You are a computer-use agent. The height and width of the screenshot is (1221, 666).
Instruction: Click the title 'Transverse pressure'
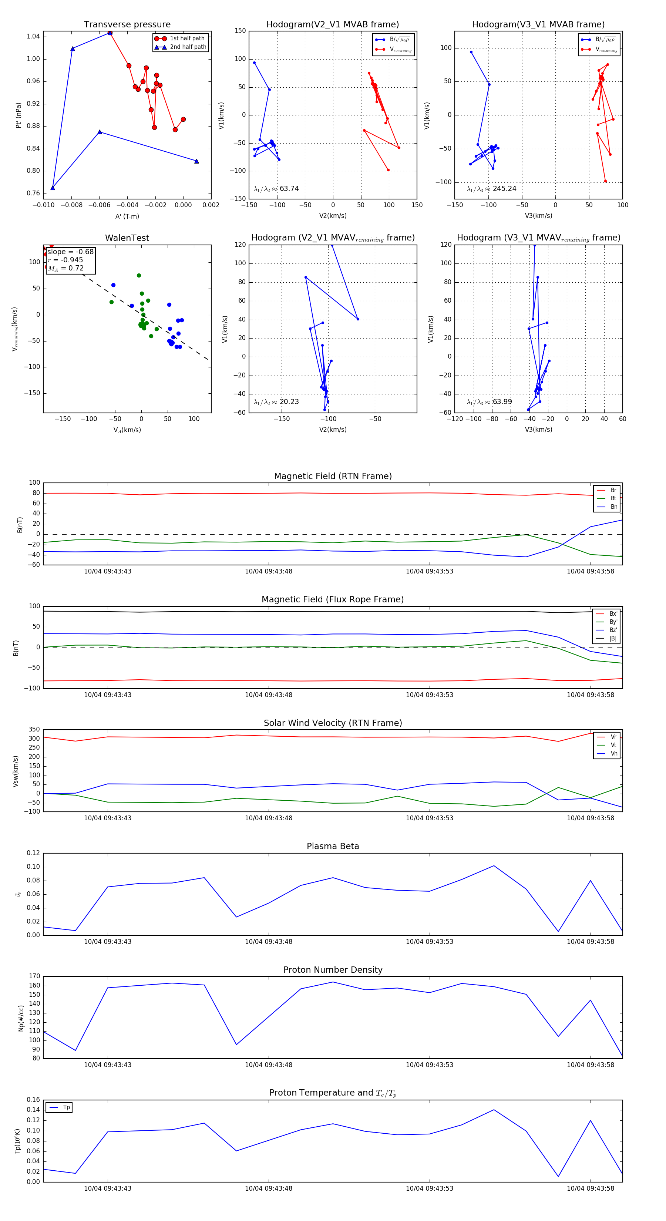click(x=127, y=25)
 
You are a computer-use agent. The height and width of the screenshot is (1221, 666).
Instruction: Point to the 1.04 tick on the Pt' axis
click(x=33, y=37)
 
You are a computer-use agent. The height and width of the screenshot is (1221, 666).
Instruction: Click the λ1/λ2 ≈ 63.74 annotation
click(x=276, y=189)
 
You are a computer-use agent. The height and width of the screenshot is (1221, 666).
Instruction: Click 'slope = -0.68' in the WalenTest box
click(x=70, y=252)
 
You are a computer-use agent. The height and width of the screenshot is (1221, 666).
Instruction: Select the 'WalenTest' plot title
click(x=127, y=238)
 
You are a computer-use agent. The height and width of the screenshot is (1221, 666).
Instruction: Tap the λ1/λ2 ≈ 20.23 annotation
click(x=276, y=402)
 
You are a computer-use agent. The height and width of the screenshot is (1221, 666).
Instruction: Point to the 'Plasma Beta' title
click(x=333, y=846)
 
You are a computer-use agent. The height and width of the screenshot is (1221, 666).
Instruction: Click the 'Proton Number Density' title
click(x=333, y=970)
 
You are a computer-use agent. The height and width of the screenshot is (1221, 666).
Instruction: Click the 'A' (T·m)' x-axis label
click(x=127, y=216)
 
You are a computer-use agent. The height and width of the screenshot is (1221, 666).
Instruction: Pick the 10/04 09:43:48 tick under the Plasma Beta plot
click(x=268, y=941)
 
